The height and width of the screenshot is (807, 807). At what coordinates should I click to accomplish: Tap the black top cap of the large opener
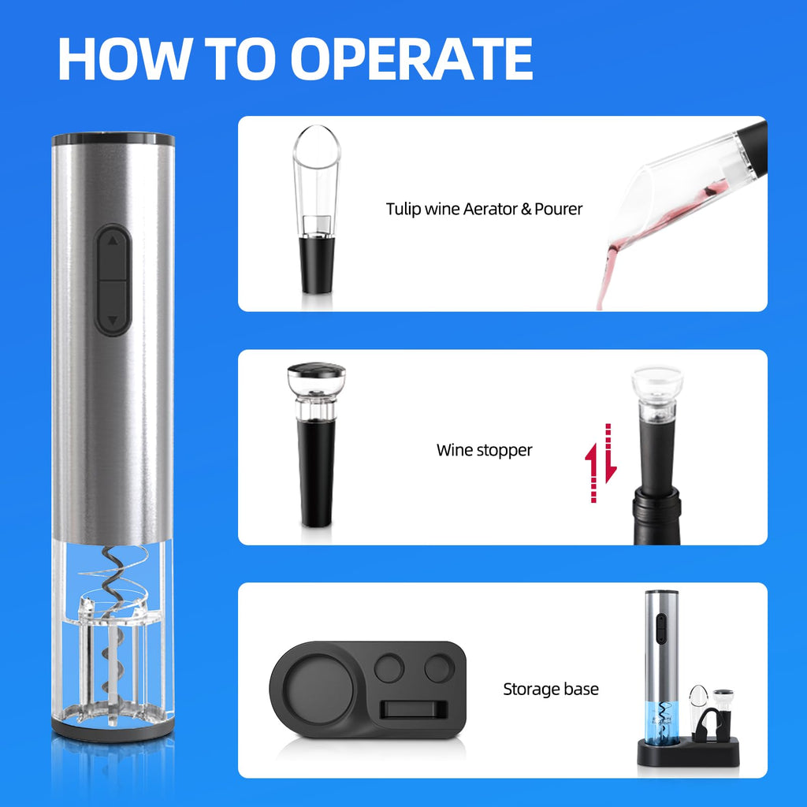coord(113,140)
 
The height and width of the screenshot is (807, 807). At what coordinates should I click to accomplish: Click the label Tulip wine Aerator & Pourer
coord(484,209)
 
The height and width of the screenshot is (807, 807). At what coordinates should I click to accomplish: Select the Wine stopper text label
coord(484,450)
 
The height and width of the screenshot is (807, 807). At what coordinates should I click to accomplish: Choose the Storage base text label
coord(551,690)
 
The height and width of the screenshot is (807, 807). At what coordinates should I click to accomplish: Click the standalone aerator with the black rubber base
coord(315,213)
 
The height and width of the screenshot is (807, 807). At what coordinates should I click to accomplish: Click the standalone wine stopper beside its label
coord(316,445)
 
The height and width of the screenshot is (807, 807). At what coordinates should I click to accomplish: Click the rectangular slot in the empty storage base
coord(412,708)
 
